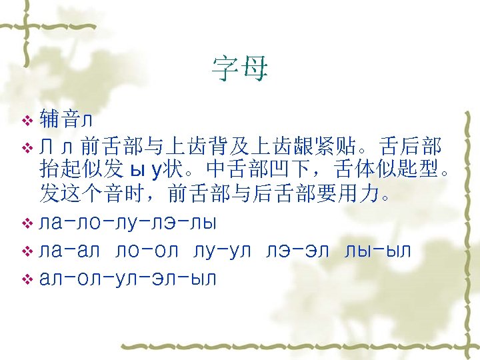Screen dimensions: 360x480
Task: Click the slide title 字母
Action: click(239, 68)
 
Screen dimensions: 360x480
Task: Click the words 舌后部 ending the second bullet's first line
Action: click(413, 145)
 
